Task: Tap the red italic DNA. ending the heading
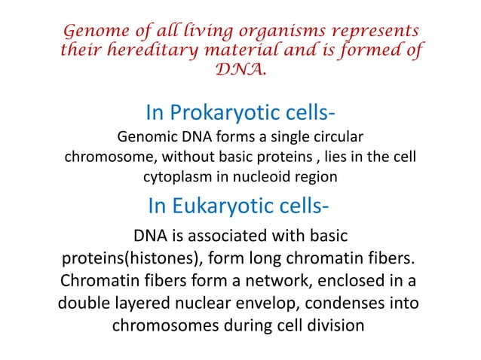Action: pyautogui.click(x=240, y=70)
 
